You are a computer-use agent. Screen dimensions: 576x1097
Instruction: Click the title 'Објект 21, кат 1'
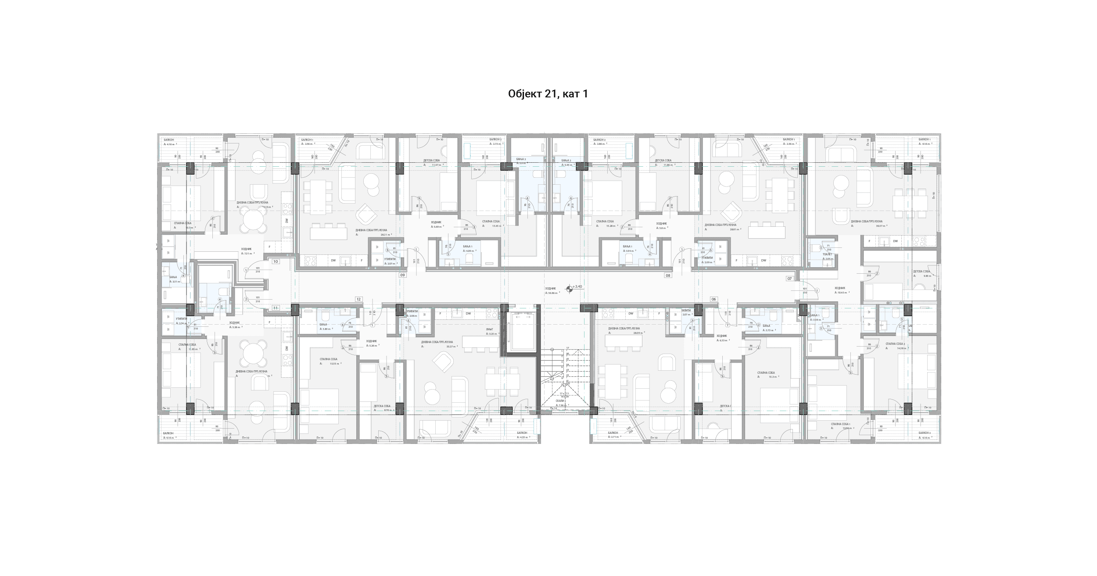click(548, 94)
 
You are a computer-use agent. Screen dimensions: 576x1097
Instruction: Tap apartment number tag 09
click(402, 275)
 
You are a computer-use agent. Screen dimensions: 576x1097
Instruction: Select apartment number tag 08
click(668, 275)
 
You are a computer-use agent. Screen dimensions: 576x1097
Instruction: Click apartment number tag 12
click(358, 299)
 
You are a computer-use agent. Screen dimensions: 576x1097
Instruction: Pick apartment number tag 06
click(713, 299)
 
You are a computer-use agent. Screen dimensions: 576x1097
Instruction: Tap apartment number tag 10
click(276, 261)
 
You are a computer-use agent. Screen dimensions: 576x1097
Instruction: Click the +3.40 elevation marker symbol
click(570, 288)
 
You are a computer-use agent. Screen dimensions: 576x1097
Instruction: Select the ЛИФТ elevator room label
click(489, 329)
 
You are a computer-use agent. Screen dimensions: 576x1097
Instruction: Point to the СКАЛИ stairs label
click(559, 401)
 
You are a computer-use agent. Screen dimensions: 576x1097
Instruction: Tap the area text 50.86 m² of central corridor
click(554, 293)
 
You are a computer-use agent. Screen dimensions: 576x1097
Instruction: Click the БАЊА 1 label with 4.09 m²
click(468, 247)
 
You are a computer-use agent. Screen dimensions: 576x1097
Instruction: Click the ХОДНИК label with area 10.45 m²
click(839, 288)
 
